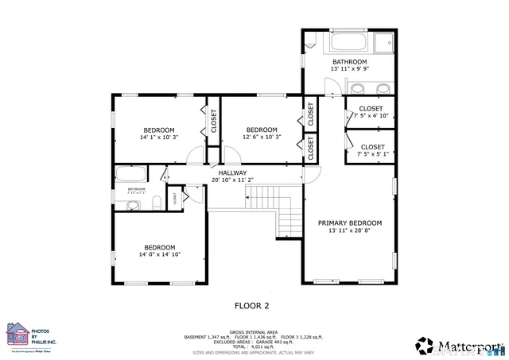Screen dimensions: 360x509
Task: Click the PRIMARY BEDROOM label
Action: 350,223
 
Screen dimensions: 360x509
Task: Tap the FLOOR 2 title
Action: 251,304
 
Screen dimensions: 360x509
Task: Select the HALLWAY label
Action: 233,172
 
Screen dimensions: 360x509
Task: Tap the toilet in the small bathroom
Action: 157,200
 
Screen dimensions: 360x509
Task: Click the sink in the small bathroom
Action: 131,205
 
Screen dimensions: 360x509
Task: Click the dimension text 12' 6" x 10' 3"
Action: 262,137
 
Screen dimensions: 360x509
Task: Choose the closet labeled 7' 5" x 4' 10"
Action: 371,112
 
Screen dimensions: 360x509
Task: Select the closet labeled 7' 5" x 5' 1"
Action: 372,150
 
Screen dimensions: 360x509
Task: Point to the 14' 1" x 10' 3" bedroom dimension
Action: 159,137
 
